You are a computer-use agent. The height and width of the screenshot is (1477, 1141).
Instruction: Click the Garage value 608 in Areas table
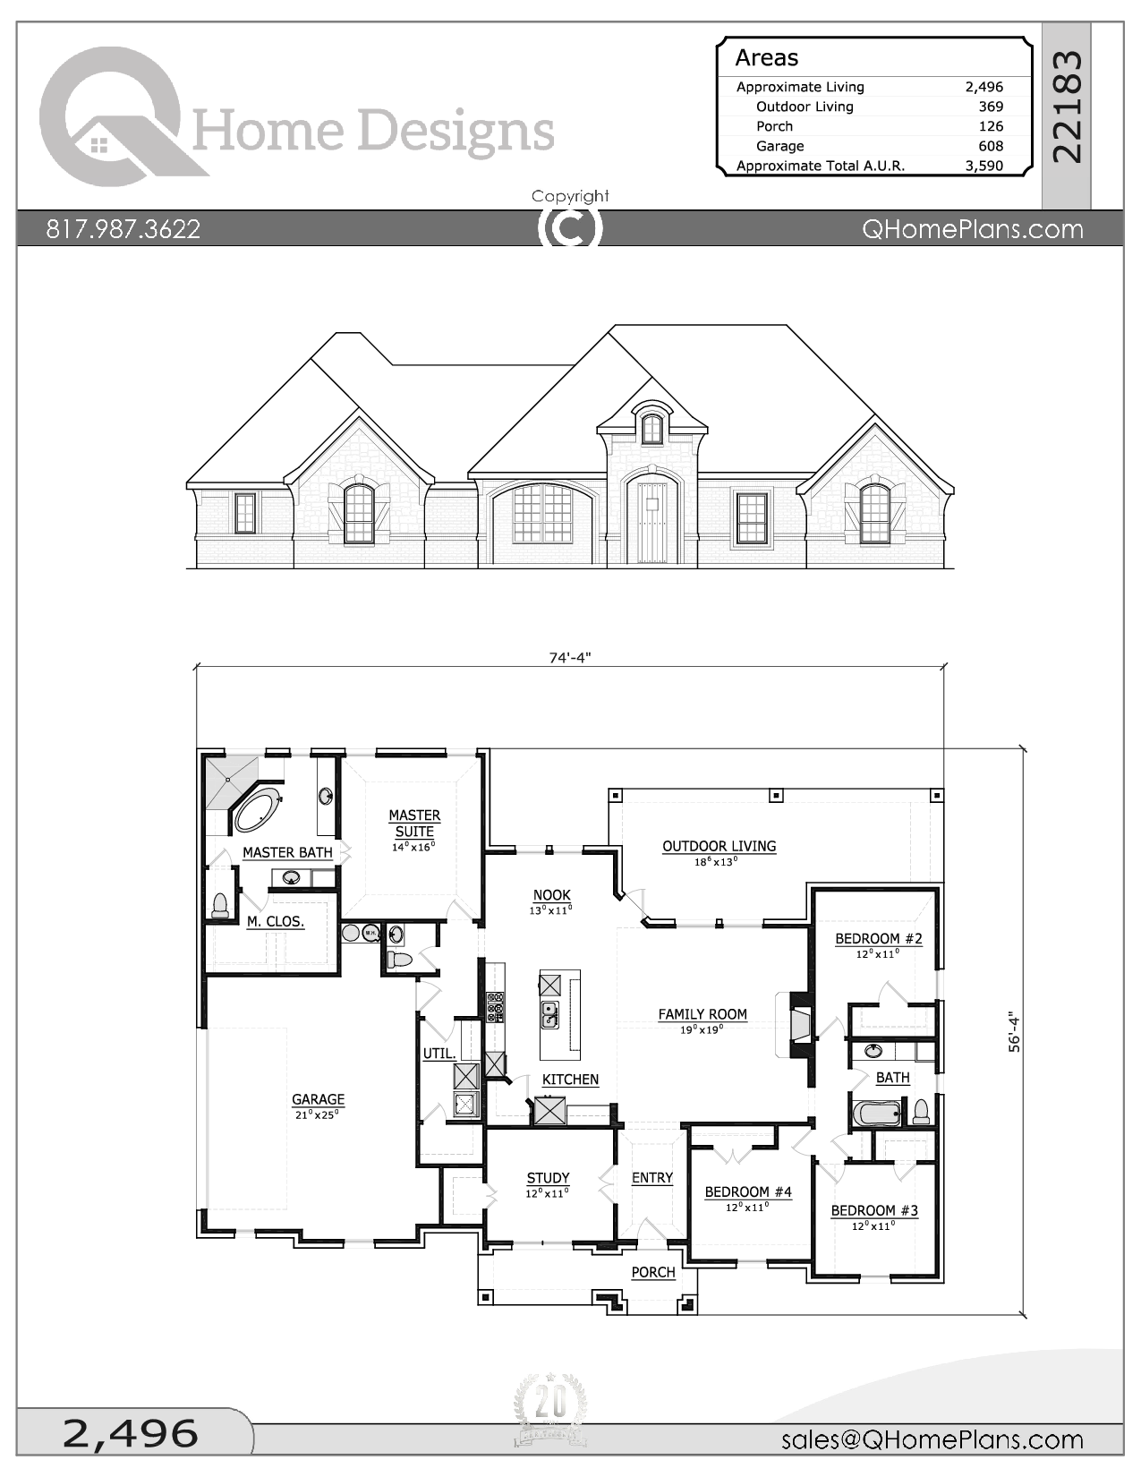[990, 146]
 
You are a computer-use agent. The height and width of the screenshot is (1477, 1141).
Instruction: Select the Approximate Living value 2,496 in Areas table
[983, 87]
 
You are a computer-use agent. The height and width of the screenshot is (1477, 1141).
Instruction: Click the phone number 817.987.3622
[123, 229]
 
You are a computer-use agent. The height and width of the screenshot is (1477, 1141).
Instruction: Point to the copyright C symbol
[570, 228]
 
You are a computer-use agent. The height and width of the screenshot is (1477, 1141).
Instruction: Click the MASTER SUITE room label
[414, 823]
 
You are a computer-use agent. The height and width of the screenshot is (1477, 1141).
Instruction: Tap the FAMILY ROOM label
[702, 1014]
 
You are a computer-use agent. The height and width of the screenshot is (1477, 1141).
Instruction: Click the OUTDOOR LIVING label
[719, 846]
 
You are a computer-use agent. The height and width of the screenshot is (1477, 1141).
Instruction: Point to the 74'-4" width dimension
[570, 658]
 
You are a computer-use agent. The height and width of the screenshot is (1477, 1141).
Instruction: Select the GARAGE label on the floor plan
[318, 1099]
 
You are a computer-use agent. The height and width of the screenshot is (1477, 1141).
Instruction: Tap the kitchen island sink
[549, 1015]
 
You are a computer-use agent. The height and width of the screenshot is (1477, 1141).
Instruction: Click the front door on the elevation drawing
[651, 522]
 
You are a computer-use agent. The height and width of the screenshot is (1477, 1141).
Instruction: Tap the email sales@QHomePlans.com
[932, 1439]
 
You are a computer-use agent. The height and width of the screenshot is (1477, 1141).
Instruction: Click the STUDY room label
[548, 1178]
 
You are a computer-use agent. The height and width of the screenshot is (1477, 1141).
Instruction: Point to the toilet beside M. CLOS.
[220, 905]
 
